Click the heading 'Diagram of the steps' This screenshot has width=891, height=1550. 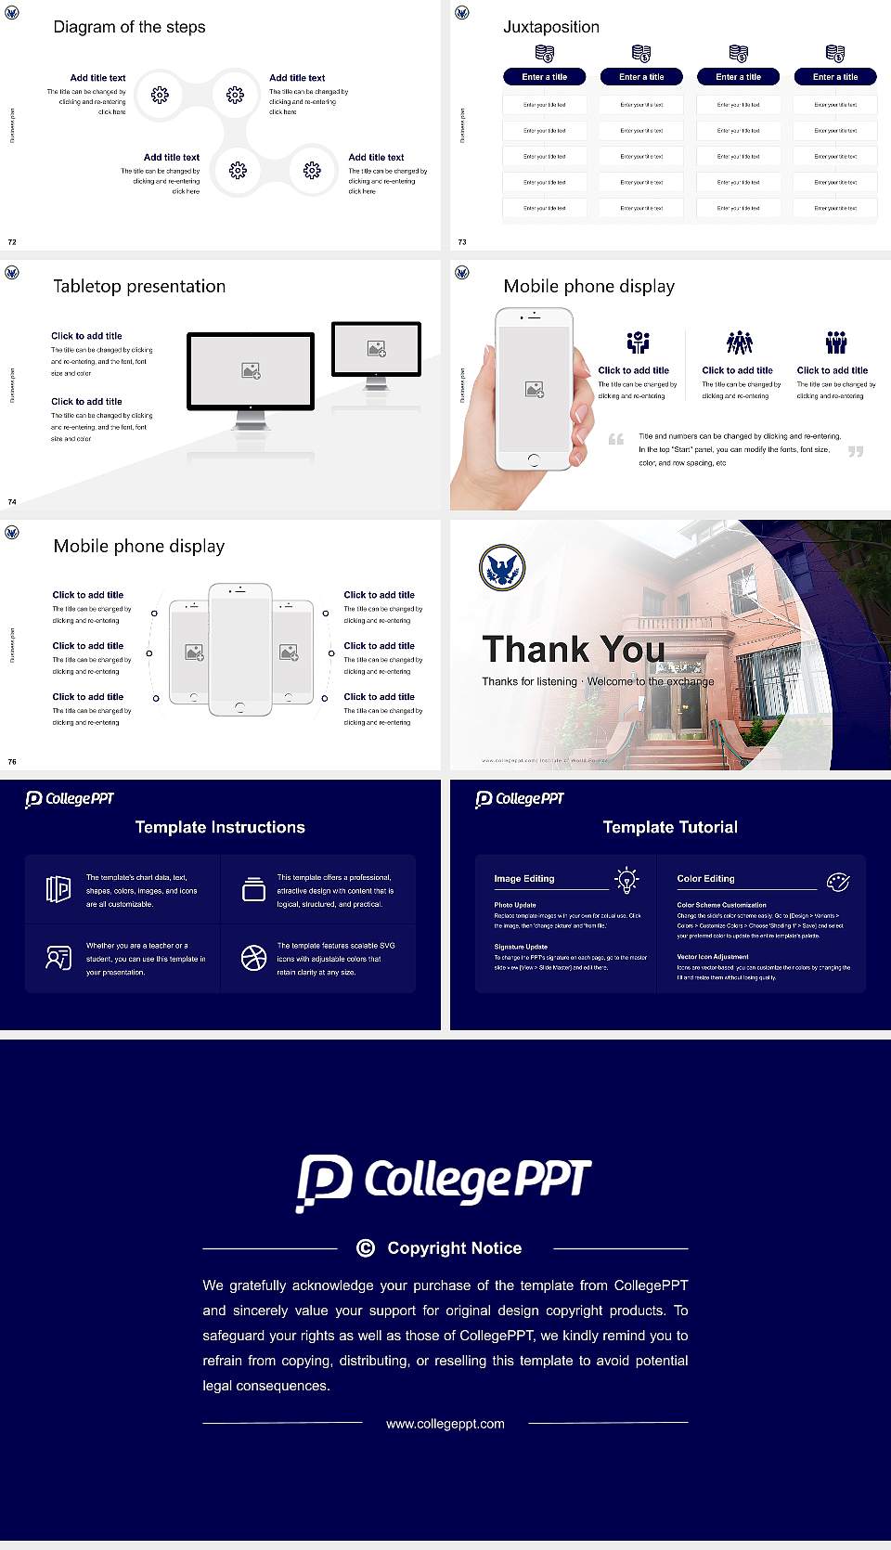click(x=129, y=27)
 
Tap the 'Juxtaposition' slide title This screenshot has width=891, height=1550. click(x=550, y=27)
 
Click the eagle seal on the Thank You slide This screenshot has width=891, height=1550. click(x=502, y=567)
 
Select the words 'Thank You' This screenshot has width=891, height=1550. click(x=574, y=649)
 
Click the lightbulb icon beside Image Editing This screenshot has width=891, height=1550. click(x=627, y=880)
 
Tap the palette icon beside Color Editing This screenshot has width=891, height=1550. click(x=837, y=881)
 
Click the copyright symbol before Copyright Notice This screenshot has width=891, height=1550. click(x=366, y=1248)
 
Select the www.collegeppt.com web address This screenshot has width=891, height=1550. click(x=445, y=1424)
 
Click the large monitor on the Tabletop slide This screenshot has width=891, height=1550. click(x=251, y=371)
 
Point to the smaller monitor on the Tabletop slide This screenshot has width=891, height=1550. click(x=376, y=350)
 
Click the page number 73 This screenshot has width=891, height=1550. click(x=462, y=242)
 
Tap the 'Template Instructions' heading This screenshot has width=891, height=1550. click(x=220, y=827)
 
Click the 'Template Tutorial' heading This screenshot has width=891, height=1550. click(x=670, y=827)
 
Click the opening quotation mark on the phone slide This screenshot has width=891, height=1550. click(x=616, y=439)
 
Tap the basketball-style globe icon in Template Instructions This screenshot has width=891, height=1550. click(x=253, y=958)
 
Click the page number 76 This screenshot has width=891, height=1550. click(x=12, y=762)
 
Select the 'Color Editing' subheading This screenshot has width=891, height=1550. click(x=705, y=878)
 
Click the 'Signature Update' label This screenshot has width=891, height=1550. click(x=521, y=947)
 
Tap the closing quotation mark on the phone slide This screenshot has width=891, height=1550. click(x=856, y=451)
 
